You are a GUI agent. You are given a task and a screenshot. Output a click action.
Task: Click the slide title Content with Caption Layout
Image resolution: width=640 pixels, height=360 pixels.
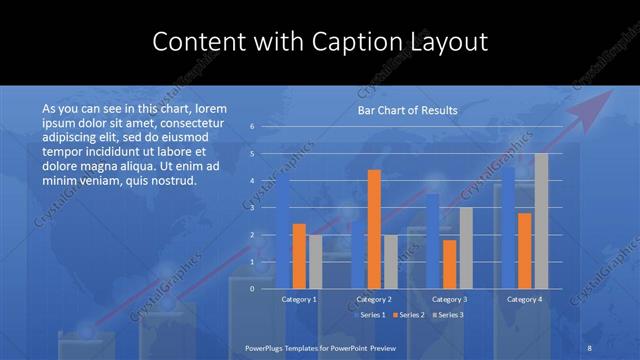click(320, 42)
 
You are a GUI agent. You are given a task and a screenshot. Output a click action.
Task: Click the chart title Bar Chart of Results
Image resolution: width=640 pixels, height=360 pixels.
click(408, 110)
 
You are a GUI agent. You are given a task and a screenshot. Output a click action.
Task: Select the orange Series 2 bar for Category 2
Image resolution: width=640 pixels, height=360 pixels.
click(374, 229)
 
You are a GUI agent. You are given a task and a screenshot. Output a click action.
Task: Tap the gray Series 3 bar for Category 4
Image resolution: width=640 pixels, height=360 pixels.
click(541, 220)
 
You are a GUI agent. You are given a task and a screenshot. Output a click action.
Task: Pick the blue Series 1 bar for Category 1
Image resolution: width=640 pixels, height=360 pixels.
click(284, 232)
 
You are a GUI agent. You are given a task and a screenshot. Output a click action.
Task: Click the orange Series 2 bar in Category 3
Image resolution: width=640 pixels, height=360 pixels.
click(449, 264)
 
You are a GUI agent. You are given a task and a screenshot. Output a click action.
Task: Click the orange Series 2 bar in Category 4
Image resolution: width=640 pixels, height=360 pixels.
click(524, 250)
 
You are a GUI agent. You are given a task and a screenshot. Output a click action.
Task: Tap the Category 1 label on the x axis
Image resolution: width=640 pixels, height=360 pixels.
click(300, 299)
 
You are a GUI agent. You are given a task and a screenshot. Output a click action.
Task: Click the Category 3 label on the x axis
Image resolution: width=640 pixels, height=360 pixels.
click(449, 299)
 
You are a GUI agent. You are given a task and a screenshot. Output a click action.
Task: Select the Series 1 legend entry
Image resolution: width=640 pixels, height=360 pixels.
click(373, 315)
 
